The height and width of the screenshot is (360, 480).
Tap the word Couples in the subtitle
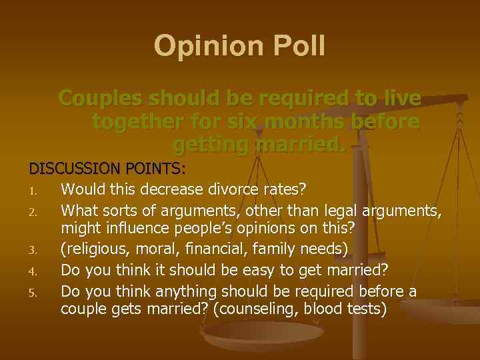pyautogui.click(x=101, y=99)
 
